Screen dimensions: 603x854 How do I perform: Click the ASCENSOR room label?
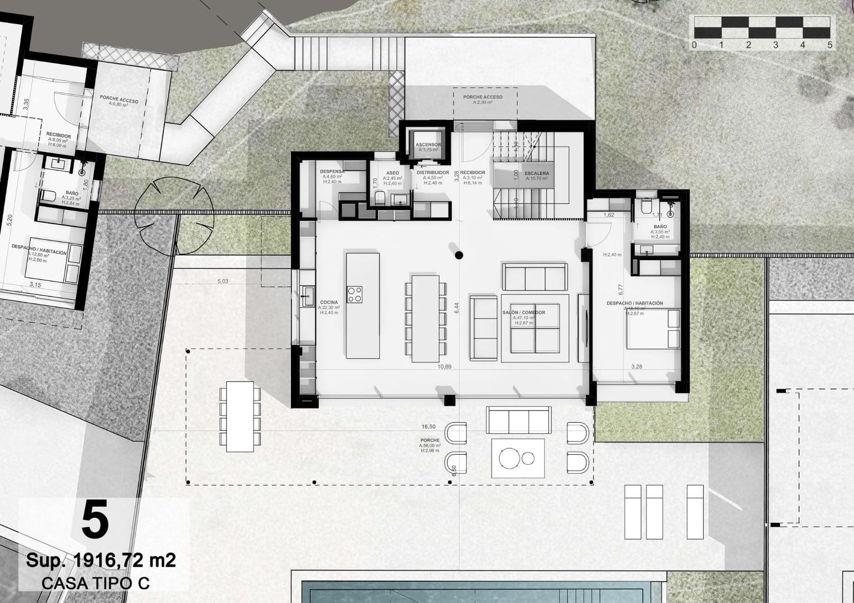tap(428, 144)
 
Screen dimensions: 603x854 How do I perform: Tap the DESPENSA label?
tap(331, 172)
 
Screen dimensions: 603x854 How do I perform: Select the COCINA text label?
tap(329, 302)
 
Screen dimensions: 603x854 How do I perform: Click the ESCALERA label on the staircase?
tap(536, 173)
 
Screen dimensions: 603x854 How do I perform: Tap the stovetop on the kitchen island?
tap(355, 294)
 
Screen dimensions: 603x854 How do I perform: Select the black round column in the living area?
tap(458, 255)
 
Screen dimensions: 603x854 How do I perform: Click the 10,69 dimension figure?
tap(445, 367)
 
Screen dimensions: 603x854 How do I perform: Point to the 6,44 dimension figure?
tap(456, 308)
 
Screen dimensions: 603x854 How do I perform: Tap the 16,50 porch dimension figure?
tap(428, 427)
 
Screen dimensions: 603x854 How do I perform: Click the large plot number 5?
tap(95, 521)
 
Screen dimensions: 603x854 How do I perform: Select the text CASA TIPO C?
tap(96, 583)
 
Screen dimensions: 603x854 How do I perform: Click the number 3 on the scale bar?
tap(776, 45)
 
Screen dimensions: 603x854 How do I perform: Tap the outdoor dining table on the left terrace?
tap(240, 416)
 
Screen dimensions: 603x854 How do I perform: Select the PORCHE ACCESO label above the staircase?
tap(483, 97)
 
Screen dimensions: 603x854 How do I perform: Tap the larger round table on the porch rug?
tap(510, 457)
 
